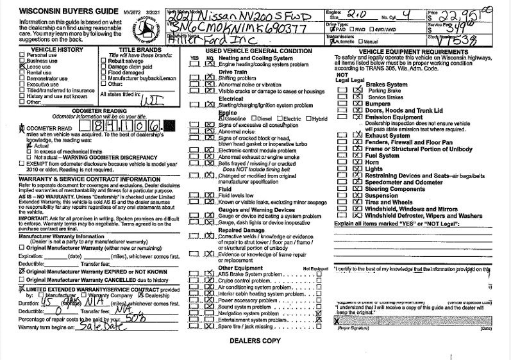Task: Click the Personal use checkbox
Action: [x=22, y=54]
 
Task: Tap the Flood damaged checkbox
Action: [x=105, y=72]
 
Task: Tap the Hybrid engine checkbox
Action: [x=309, y=119]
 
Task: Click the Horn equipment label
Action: [x=373, y=163]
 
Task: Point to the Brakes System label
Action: [x=387, y=84]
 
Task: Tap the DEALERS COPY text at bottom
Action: [x=255, y=341]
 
